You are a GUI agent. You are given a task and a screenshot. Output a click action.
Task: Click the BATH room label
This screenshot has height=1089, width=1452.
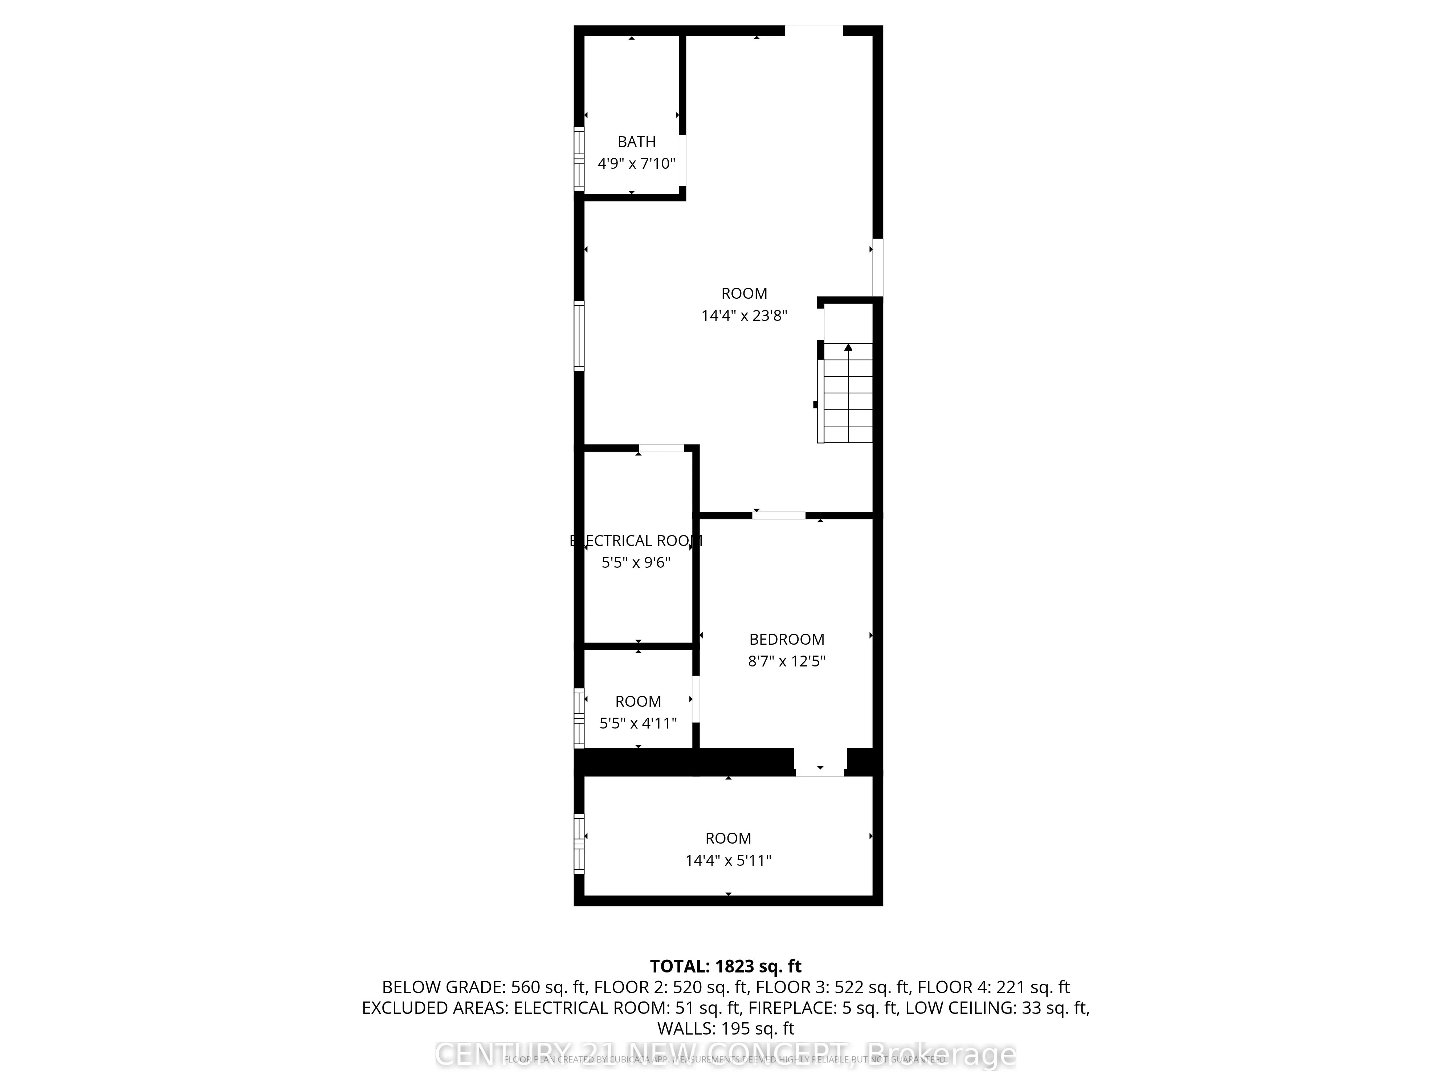636,142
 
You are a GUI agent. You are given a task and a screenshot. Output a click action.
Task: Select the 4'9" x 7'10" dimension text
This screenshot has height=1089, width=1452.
636,163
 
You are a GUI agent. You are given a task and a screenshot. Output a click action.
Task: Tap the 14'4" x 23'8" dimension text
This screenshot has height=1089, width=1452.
744,316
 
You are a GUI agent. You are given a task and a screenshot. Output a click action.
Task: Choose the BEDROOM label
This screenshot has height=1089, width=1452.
786,639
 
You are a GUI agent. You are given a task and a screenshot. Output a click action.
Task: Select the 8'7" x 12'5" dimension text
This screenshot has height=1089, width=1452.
786,661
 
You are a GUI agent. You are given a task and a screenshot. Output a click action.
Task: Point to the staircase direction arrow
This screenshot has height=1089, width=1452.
848,348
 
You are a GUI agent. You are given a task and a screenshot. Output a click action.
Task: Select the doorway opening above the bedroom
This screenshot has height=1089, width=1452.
779,515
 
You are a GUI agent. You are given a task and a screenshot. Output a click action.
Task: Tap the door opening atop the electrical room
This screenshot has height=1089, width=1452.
661,448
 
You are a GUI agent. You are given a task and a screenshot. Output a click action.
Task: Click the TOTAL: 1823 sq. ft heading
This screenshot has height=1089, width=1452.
725,966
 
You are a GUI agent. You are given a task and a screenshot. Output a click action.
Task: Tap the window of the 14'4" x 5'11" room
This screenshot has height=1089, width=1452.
579,844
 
